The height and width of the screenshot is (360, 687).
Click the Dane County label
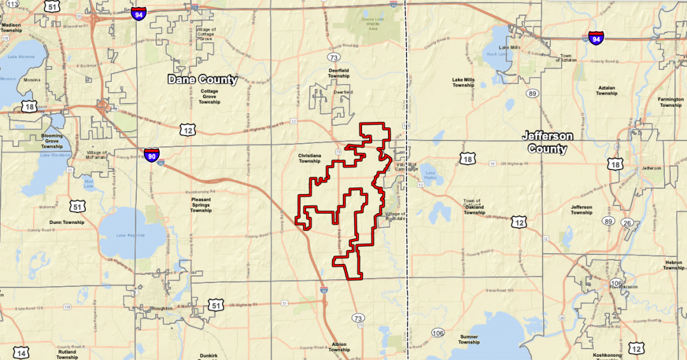(202, 80)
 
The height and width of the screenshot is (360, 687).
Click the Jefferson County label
(547, 142)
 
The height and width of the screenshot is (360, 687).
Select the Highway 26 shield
(627, 223)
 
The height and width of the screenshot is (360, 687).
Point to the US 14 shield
(21, 353)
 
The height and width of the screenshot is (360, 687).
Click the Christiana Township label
(309, 158)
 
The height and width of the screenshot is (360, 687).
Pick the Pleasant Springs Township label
(201, 205)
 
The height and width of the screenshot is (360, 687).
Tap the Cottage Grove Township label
(209, 96)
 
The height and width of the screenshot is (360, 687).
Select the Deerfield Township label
(338, 73)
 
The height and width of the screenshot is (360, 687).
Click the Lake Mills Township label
(463, 83)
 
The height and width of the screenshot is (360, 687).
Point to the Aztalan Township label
(606, 90)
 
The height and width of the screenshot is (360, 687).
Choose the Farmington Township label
(670, 102)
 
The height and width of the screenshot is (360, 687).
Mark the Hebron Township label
(674, 265)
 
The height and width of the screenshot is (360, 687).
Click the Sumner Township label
(469, 339)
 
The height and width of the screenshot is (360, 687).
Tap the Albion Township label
(339, 347)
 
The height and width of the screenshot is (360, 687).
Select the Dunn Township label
(67, 222)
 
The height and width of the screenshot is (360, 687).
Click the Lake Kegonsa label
(126, 235)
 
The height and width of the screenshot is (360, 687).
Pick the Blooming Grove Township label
(52, 141)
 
